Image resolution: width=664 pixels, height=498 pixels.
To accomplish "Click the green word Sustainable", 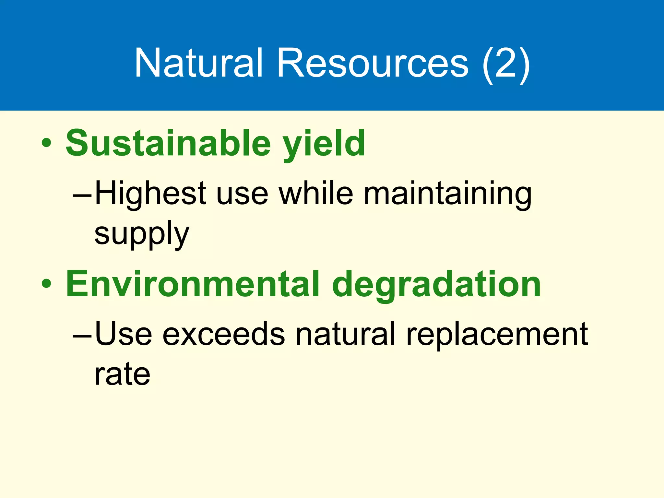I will (x=168, y=143).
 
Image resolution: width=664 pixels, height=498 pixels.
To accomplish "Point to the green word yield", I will (x=324, y=144).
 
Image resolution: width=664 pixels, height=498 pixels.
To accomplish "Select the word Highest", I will (x=150, y=194).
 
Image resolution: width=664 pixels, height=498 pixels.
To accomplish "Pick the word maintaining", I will (x=447, y=195).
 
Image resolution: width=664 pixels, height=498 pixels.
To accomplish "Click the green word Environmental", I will (x=193, y=284).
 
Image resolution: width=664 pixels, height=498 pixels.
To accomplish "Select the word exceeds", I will (x=223, y=335).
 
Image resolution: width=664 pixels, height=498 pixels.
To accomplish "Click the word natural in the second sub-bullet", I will (x=345, y=334).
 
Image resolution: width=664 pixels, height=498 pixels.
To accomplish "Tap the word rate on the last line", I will (x=122, y=374).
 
